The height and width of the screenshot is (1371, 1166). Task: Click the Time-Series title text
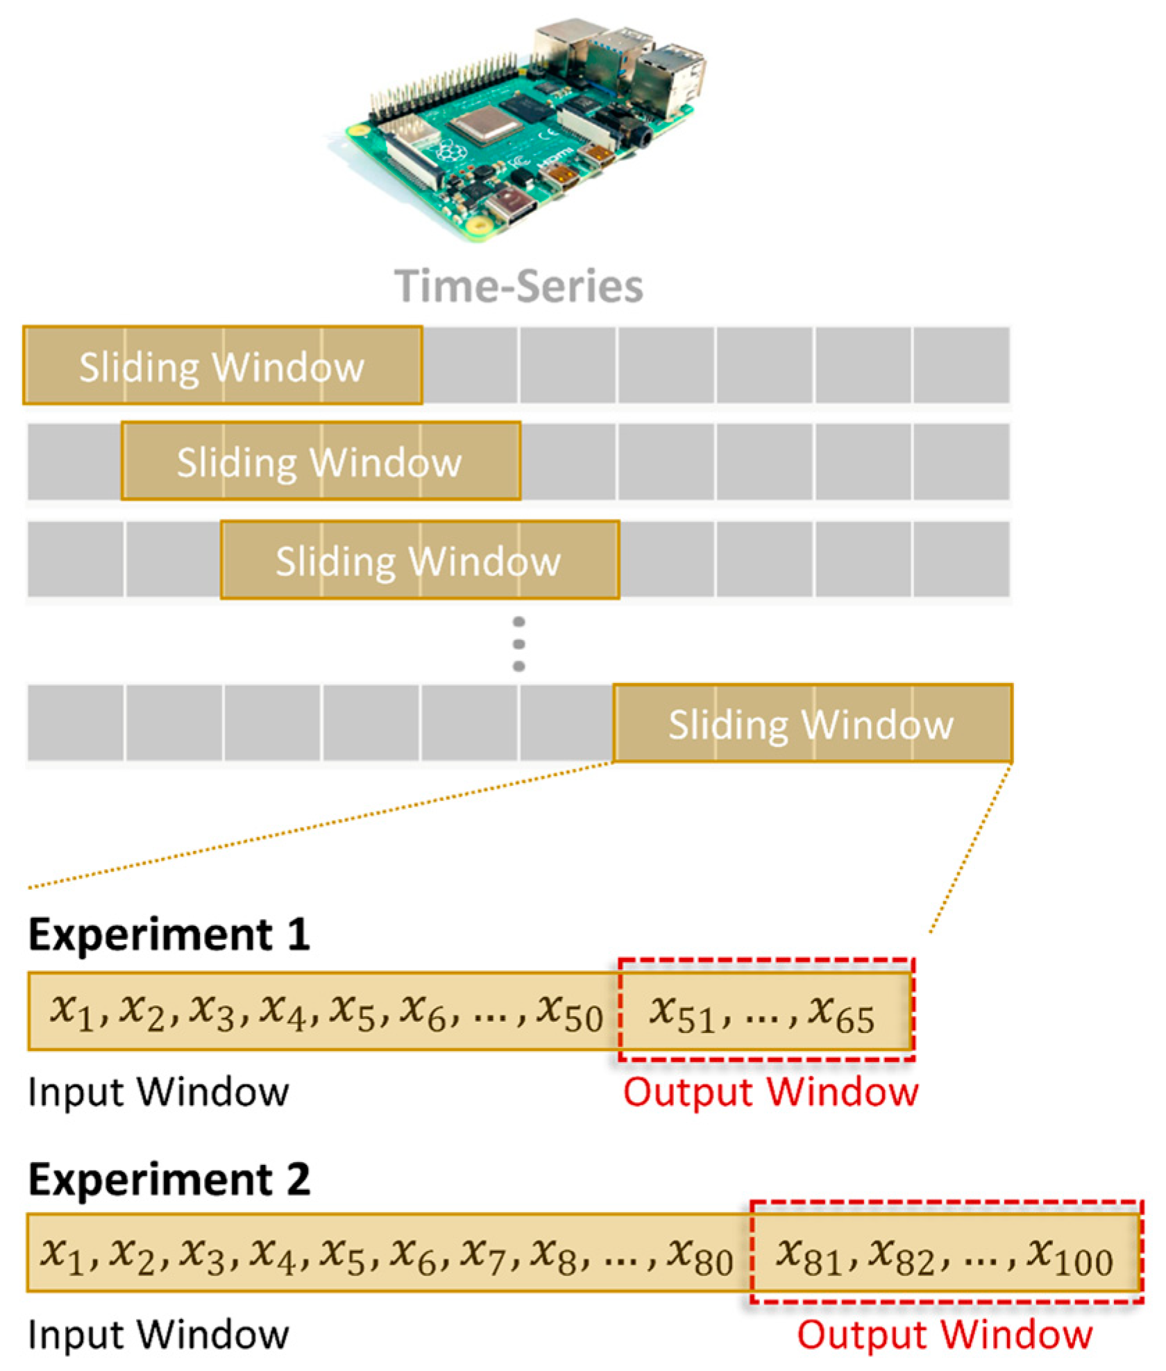[x=518, y=286]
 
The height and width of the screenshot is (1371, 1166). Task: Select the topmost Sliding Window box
[x=222, y=366]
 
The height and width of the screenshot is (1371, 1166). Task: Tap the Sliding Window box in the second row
[x=320, y=461]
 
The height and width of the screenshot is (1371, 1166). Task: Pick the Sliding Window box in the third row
[x=419, y=560]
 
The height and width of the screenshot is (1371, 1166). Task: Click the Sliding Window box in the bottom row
[x=812, y=723]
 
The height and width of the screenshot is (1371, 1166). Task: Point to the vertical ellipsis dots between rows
[x=518, y=644]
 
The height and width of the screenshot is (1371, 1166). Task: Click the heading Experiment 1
[x=169, y=934]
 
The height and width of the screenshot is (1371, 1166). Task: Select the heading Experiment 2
[x=169, y=1179]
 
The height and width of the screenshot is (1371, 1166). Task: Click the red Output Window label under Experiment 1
[x=770, y=1092]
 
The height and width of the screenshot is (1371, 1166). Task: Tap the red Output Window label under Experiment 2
[x=945, y=1334]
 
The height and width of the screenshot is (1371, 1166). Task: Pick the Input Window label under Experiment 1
[x=158, y=1092]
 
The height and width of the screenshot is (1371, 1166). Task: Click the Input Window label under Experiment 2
[x=158, y=1334]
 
